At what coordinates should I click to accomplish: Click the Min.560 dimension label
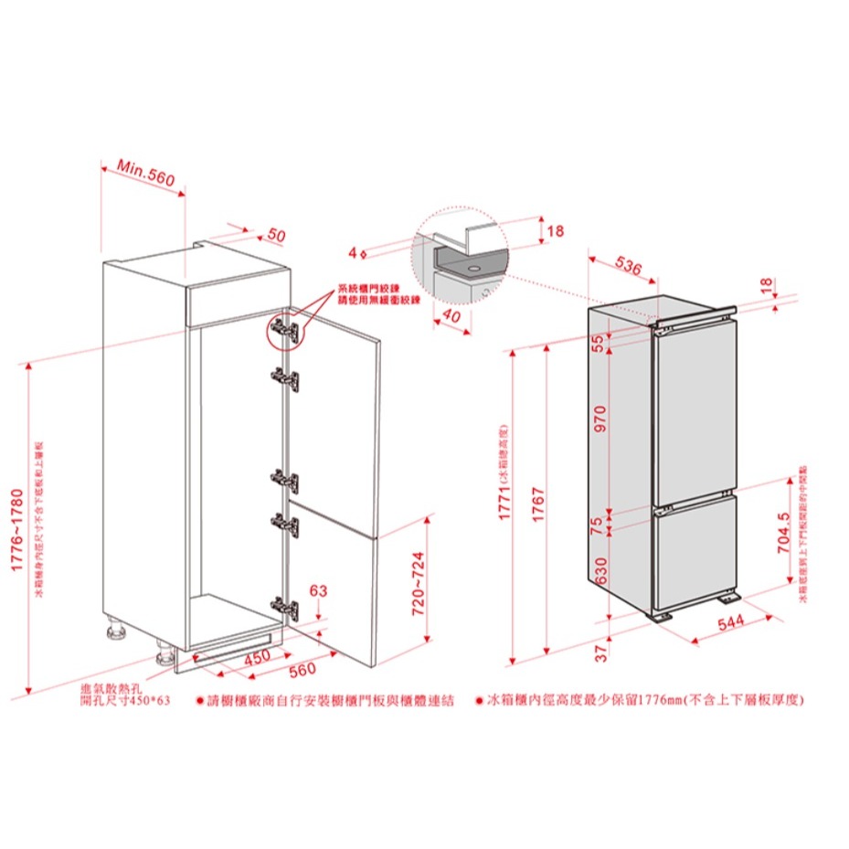point(144,174)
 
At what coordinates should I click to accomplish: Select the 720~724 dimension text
point(419,583)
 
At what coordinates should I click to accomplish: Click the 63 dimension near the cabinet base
point(318,590)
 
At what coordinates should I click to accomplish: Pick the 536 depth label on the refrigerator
point(627,267)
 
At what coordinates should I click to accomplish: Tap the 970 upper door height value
point(600,418)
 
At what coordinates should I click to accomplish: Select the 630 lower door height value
point(600,571)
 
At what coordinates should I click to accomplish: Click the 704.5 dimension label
point(783,534)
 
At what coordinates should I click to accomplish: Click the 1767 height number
point(538,505)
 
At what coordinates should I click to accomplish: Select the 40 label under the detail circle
point(451,314)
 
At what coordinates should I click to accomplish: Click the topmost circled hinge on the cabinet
point(284,330)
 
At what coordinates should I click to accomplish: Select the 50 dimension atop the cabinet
point(276,236)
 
